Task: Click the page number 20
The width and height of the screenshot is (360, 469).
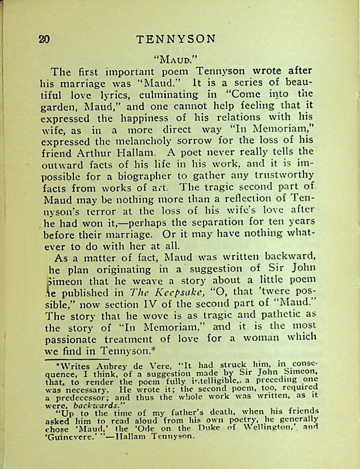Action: click(x=44, y=39)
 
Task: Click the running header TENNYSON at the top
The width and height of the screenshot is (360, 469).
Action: click(x=176, y=39)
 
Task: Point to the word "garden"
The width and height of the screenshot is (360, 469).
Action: click(x=59, y=108)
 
